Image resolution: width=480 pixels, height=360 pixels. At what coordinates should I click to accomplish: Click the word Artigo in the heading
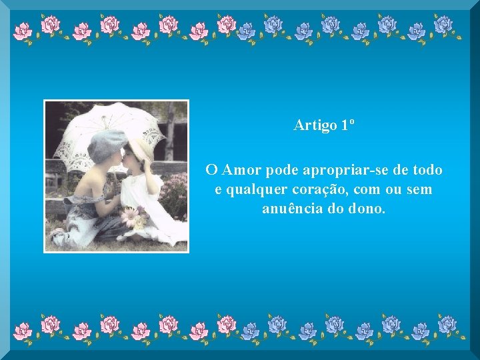tap(315, 125)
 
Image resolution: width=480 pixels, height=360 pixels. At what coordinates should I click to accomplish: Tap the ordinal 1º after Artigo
tap(347, 125)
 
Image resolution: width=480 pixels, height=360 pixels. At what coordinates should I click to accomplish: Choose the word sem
tap(419, 190)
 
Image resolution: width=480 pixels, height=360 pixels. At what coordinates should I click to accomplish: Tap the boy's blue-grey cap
tap(107, 143)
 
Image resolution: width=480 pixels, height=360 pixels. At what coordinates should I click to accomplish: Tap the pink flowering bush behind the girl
tap(175, 193)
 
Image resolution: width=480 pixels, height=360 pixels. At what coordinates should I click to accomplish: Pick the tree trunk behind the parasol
tap(171, 130)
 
